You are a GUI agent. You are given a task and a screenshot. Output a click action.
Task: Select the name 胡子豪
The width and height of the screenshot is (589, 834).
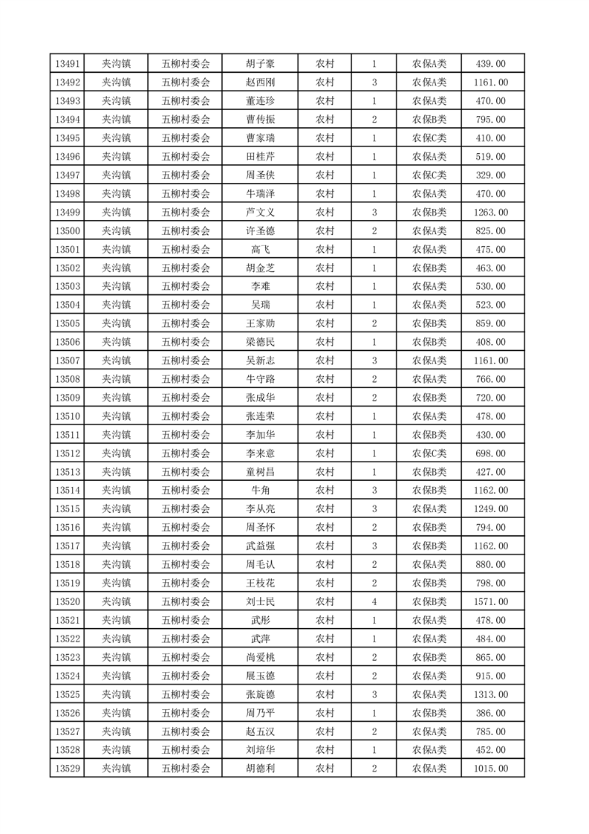[260, 64]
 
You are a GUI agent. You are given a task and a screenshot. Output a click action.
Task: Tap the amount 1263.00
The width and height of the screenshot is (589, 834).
[490, 213]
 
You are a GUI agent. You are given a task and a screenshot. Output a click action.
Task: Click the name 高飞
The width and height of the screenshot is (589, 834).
[260, 250]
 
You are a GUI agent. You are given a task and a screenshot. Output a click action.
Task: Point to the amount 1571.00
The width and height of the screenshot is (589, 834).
[490, 602]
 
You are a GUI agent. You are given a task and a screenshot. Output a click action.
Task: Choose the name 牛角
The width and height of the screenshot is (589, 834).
[260, 491]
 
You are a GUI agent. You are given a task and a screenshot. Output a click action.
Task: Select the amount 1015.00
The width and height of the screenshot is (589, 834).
[490, 769]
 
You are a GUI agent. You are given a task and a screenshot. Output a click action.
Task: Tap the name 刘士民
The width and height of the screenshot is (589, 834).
[260, 602]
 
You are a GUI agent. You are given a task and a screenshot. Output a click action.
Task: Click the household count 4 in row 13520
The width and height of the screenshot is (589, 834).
[374, 602]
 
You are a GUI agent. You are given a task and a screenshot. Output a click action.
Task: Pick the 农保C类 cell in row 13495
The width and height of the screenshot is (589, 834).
[429, 138]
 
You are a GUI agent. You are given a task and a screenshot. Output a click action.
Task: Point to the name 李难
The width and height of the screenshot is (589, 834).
[260, 287]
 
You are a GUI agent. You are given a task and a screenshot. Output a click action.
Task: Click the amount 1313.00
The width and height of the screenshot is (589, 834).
[490, 694]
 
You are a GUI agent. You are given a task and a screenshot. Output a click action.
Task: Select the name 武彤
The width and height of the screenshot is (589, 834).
[260, 621]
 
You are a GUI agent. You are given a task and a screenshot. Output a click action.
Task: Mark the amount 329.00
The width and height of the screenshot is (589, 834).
[490, 175]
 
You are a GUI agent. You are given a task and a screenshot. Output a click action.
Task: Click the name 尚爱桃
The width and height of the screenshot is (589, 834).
[260, 657]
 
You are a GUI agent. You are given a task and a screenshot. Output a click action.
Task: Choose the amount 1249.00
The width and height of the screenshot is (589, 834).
[490, 509]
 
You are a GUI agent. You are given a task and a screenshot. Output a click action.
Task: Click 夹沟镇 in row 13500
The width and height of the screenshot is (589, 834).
[116, 231]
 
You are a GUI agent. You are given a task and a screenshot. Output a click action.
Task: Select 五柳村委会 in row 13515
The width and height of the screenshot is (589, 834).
[186, 509]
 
